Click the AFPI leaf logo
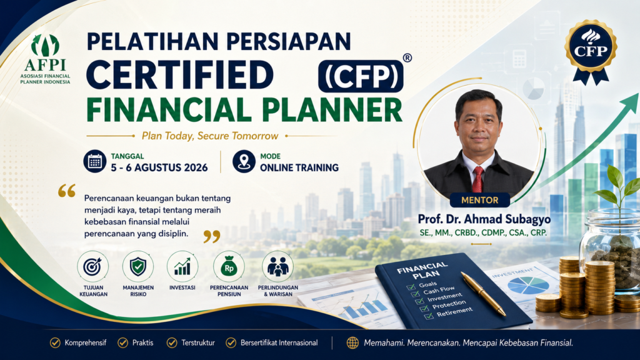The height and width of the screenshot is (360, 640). [x=45, y=45]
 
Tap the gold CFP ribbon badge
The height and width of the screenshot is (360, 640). [x=591, y=52]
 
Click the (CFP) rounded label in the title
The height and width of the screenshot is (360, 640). [x=361, y=76]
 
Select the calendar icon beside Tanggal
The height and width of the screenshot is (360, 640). [x=95, y=162]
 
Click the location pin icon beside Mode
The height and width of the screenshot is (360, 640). [x=244, y=162]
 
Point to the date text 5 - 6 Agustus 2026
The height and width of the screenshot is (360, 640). [x=159, y=167]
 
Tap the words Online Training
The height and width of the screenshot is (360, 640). [x=299, y=167]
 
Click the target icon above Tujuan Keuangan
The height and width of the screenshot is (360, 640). [x=93, y=266]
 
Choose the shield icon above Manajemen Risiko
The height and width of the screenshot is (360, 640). [x=138, y=266]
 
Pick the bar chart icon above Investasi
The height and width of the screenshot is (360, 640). [x=182, y=266]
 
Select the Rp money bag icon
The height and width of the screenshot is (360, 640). [x=229, y=266]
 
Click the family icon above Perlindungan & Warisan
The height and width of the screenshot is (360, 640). [x=278, y=266]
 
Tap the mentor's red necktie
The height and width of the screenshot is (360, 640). [x=477, y=179]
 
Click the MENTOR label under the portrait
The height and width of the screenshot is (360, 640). [x=480, y=200]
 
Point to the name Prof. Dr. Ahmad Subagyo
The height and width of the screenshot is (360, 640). [x=484, y=219]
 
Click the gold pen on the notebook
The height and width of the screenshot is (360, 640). [x=484, y=294]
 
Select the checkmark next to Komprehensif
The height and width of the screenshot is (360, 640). [x=55, y=343]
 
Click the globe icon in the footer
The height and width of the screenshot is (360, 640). [x=352, y=343]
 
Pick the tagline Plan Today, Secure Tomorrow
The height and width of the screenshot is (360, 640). [x=210, y=136]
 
